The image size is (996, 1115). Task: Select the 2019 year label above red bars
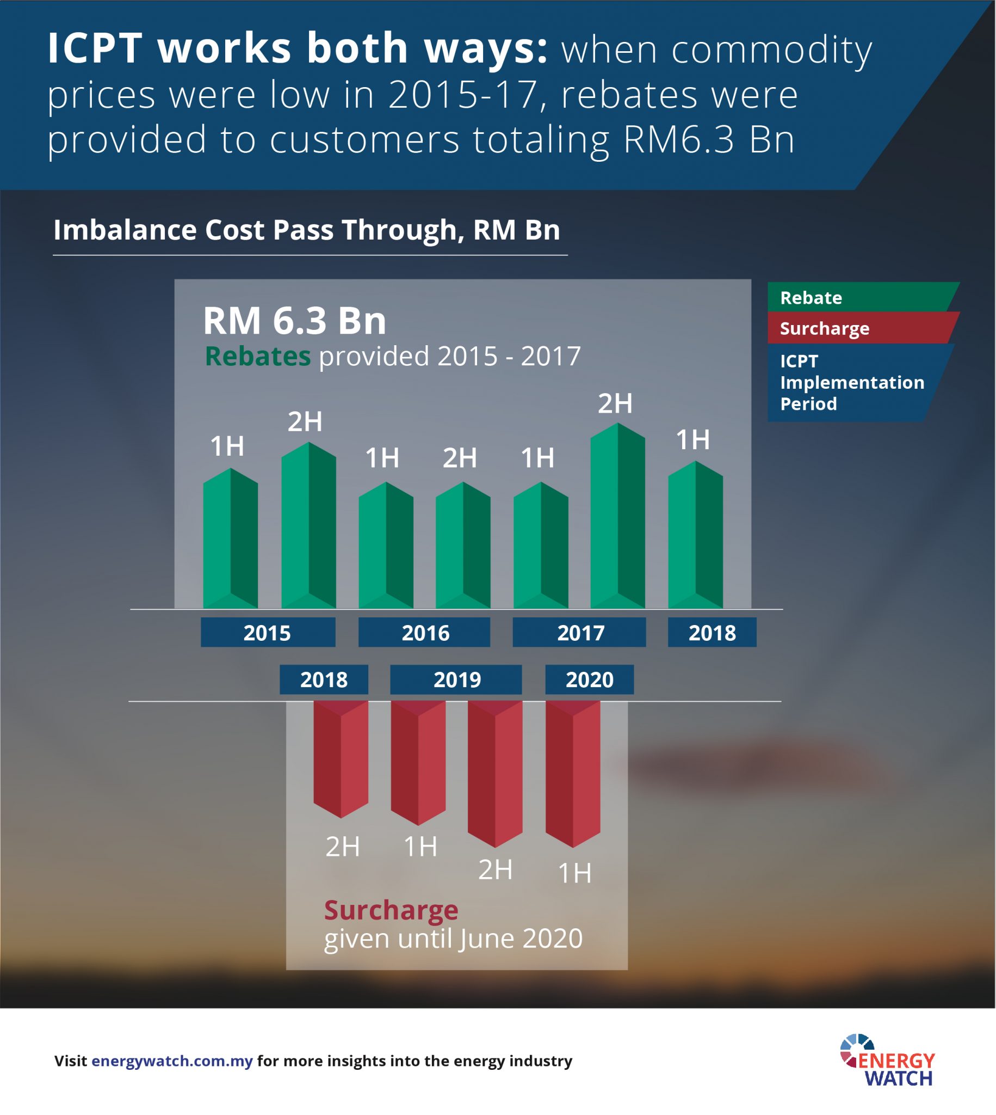tap(456, 679)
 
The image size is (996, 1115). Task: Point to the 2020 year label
tap(590, 679)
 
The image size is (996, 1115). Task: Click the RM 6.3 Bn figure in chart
tap(294, 320)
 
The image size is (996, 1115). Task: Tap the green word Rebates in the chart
tap(257, 356)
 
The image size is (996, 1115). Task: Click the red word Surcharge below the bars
tap(391, 910)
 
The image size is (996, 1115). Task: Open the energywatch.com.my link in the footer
tap(172, 1061)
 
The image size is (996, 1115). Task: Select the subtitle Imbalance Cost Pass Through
tap(306, 230)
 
